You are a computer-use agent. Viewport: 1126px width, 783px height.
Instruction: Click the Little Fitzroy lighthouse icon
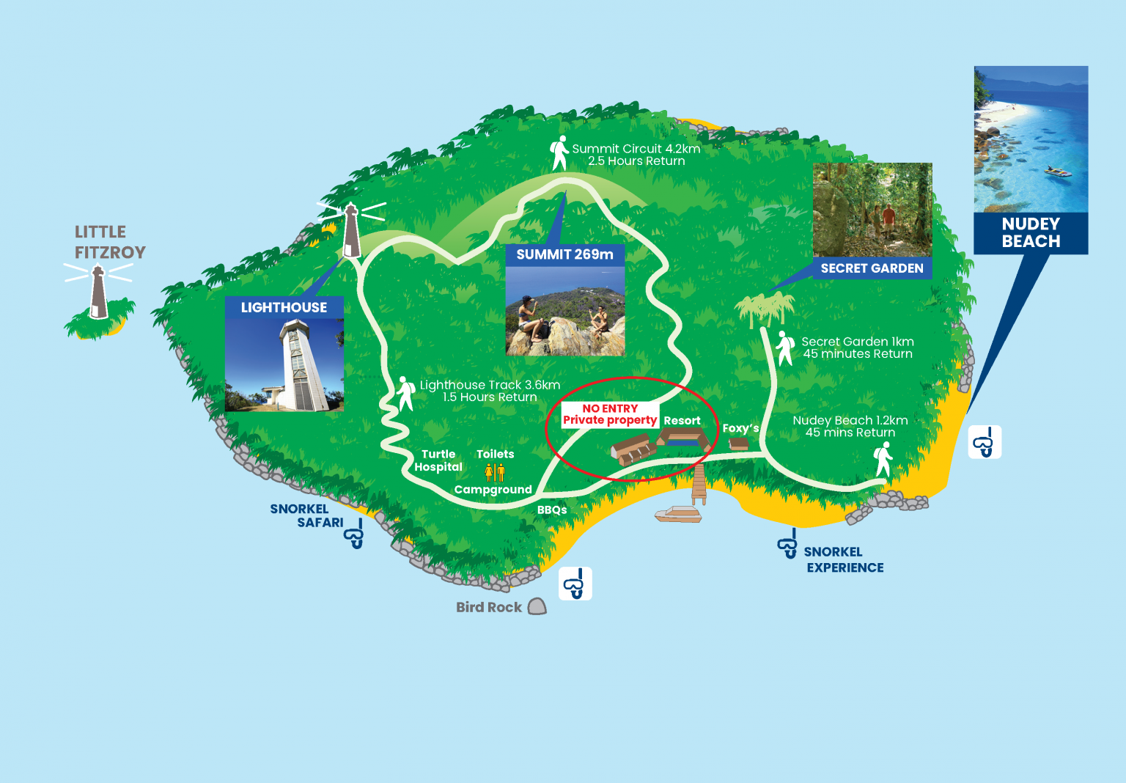click(98, 292)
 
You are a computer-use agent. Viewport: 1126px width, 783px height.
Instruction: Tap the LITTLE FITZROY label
click(110, 242)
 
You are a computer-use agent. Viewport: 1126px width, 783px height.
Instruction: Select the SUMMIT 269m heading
click(564, 254)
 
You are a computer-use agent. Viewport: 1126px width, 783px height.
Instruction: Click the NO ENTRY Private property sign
click(609, 414)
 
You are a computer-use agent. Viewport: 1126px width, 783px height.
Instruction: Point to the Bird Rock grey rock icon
click(537, 606)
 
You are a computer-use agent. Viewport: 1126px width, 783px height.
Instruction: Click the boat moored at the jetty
click(678, 514)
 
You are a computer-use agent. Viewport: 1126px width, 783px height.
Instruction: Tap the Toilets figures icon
click(495, 473)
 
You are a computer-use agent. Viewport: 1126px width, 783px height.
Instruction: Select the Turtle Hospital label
click(438, 460)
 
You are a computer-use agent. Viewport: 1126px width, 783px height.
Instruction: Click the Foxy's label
click(740, 428)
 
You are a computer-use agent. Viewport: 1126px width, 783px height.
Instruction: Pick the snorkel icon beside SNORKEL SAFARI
click(354, 535)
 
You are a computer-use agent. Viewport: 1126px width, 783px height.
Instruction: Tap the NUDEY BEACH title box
click(1031, 233)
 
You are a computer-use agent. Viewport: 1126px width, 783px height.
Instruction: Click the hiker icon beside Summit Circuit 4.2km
click(559, 153)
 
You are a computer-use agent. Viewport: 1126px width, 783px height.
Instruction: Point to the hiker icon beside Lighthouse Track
click(405, 393)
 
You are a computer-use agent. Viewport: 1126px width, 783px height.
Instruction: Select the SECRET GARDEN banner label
click(872, 268)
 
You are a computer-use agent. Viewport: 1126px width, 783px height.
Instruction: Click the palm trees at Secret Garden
click(765, 307)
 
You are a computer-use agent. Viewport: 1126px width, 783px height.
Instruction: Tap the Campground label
click(493, 490)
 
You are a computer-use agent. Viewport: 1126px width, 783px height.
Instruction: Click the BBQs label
click(552, 510)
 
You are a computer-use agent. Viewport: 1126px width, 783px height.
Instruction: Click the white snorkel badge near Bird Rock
click(575, 584)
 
